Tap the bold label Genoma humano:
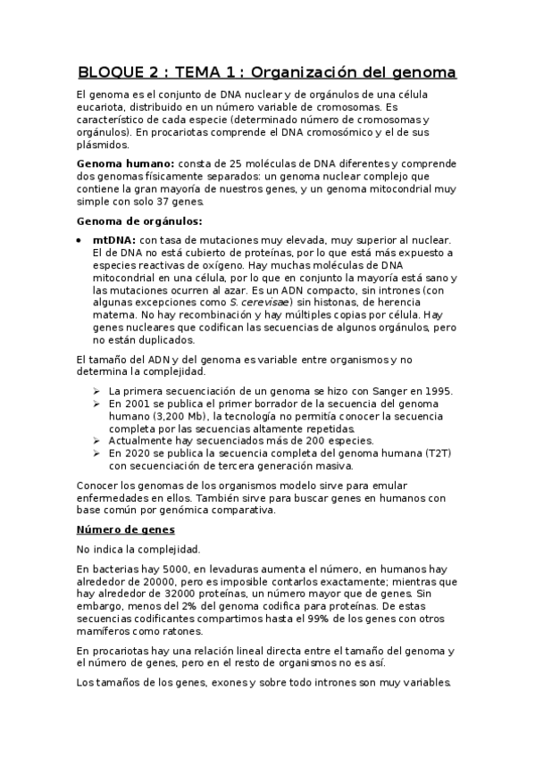(x=126, y=164)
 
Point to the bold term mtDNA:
(x=114, y=240)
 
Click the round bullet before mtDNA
(x=82, y=241)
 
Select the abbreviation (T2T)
(x=435, y=453)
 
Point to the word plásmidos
(x=103, y=145)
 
